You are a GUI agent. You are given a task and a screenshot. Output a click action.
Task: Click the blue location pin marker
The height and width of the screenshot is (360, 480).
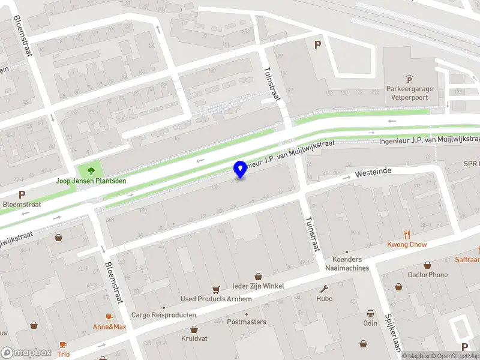coord(240,169)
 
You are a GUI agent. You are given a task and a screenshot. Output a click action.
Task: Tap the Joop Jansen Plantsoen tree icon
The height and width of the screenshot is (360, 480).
coord(91,171)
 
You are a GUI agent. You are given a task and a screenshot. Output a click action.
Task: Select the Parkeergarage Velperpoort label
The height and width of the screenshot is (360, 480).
coord(409,94)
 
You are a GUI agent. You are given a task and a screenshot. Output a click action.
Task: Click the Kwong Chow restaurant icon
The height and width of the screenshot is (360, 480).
coord(407,235)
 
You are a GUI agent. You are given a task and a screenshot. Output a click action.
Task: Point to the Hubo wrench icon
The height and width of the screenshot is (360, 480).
coord(325,288)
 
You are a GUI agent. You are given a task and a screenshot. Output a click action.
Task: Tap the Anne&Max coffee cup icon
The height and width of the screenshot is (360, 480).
coord(109,317)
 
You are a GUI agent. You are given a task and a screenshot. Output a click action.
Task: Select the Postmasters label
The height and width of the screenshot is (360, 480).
coord(246,322)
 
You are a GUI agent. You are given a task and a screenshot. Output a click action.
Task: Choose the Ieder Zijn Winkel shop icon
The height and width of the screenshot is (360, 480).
coord(258,276)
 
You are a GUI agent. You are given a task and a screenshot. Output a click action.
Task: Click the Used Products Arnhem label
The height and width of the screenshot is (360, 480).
coord(212,299)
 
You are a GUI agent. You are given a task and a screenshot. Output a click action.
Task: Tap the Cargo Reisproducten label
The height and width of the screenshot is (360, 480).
coord(164,315)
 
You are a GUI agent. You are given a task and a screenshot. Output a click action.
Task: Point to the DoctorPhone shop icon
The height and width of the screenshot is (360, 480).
coord(428,265)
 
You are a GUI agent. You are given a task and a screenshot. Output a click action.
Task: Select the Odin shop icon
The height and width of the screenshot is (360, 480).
coord(370,313)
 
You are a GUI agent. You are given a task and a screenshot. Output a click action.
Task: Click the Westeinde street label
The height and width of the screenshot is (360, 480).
coord(373,172)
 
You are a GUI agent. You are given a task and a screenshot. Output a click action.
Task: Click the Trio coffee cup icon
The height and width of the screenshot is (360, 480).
coord(63,344)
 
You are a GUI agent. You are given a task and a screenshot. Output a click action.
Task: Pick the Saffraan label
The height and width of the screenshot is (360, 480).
coord(467,260)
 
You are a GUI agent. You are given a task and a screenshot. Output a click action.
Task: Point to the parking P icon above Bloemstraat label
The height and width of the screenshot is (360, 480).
coord(22,194)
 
